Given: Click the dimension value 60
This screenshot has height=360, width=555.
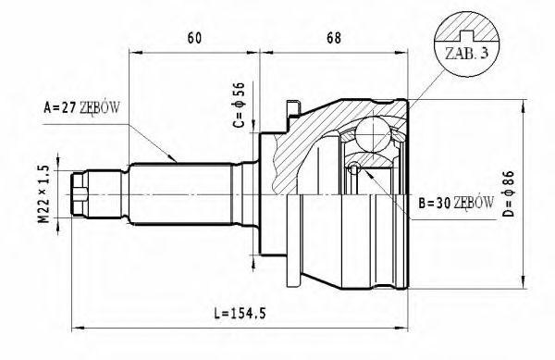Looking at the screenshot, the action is point(194,38).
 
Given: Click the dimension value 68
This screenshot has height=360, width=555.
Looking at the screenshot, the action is point(334,38).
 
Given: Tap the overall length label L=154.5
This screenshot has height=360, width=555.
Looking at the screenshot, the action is point(240,314).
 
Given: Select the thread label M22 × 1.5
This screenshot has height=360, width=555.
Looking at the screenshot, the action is point(43,194).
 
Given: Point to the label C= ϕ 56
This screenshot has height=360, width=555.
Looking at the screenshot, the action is point(239,105).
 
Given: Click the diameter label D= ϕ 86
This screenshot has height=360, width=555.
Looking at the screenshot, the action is point(508,193).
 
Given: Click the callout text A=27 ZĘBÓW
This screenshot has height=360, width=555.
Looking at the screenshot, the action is point(81,107).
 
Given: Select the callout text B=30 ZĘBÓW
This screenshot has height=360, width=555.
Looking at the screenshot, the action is point(456,203).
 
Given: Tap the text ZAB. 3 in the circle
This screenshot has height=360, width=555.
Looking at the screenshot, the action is point(467,54).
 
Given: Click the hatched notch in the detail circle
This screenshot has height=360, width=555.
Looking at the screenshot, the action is point(466,35).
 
